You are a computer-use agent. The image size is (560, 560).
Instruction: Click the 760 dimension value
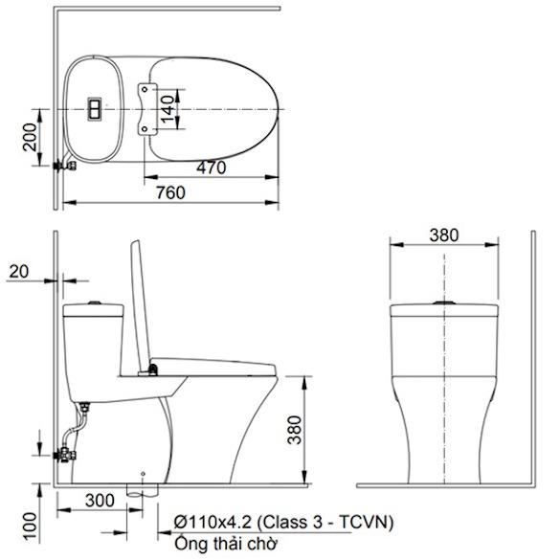click(170, 193)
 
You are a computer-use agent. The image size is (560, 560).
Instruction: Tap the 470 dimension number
click(211, 168)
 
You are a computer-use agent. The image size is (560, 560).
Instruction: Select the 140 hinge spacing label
click(167, 109)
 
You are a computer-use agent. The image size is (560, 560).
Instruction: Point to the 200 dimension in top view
click(30, 137)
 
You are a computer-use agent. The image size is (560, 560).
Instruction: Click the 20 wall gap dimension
click(19, 272)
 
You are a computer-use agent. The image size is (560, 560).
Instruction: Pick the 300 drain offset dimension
click(100, 501)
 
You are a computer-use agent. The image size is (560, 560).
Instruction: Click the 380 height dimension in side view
click(294, 430)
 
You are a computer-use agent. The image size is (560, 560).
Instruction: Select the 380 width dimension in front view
click(443, 235)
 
